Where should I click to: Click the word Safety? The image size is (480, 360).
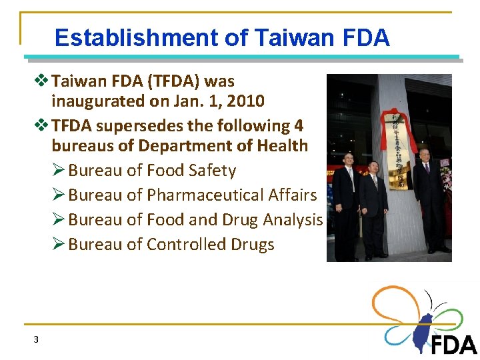[x=212, y=171]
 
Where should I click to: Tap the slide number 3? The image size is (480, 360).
[x=36, y=339]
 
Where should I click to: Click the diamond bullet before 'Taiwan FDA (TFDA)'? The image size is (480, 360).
[x=44, y=81]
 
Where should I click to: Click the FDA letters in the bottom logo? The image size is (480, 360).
[x=453, y=345]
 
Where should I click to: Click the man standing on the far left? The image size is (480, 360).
[x=345, y=200]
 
